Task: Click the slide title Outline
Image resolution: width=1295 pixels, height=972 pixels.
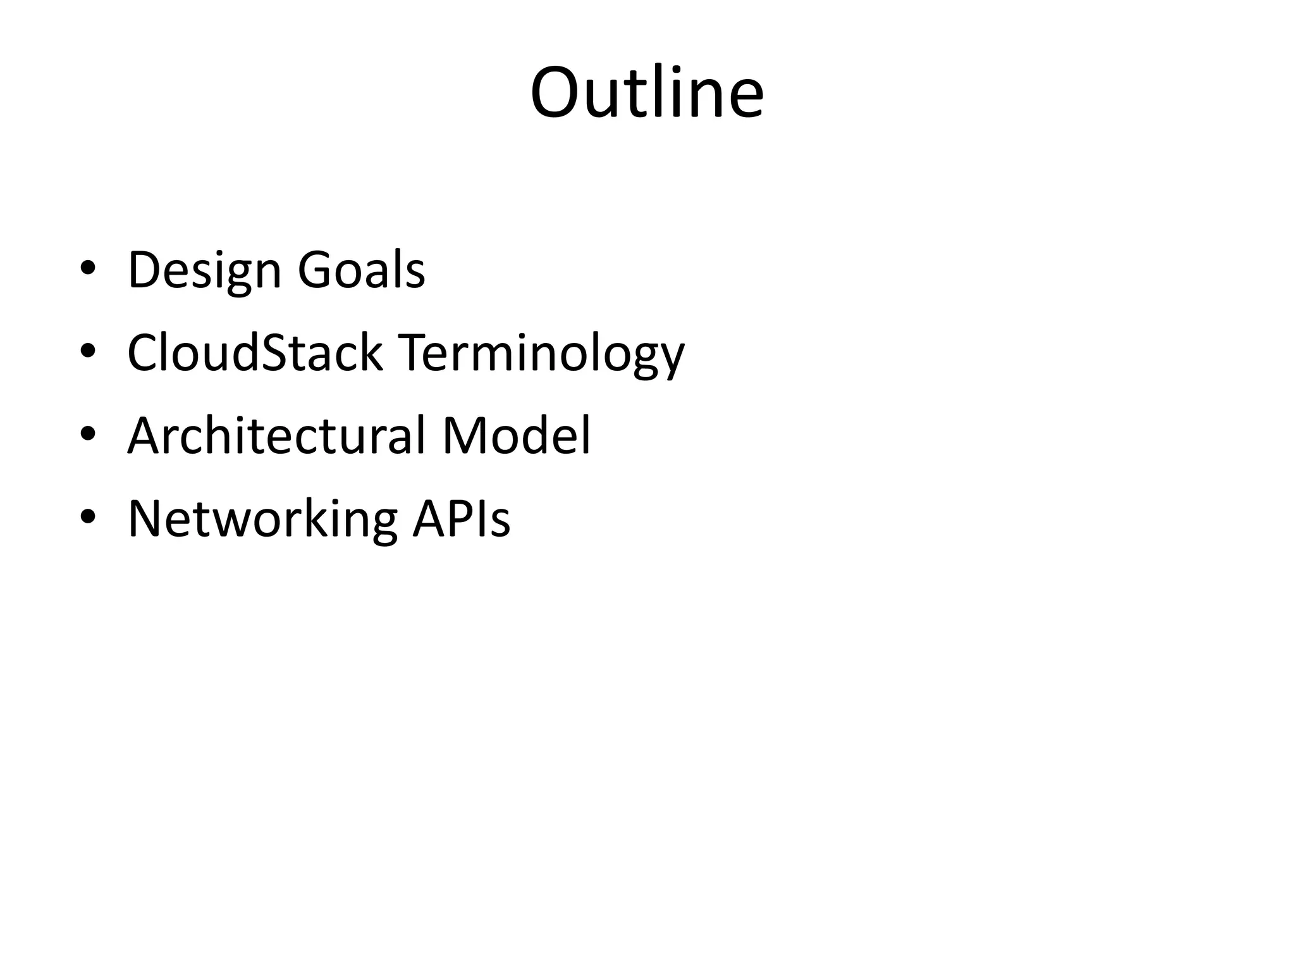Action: tap(647, 93)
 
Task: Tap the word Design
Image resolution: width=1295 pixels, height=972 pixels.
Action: tap(204, 271)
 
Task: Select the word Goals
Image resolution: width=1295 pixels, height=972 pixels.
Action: tap(361, 271)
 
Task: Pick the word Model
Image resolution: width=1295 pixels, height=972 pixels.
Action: tap(516, 436)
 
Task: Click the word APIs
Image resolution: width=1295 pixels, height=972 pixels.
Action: tap(462, 519)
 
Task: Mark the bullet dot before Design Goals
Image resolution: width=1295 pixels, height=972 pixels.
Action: tap(88, 268)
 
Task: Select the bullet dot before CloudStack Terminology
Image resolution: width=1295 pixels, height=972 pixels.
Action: tap(88, 351)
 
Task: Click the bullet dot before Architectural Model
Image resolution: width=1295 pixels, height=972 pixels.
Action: tap(88, 433)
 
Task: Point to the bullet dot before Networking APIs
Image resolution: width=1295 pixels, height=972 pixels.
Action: tap(88, 516)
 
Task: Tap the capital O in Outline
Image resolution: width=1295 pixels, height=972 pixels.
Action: tap(556, 93)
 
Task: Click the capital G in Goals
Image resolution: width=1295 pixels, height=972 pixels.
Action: tap(314, 271)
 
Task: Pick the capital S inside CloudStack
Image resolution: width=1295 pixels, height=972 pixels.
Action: tap(273, 353)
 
